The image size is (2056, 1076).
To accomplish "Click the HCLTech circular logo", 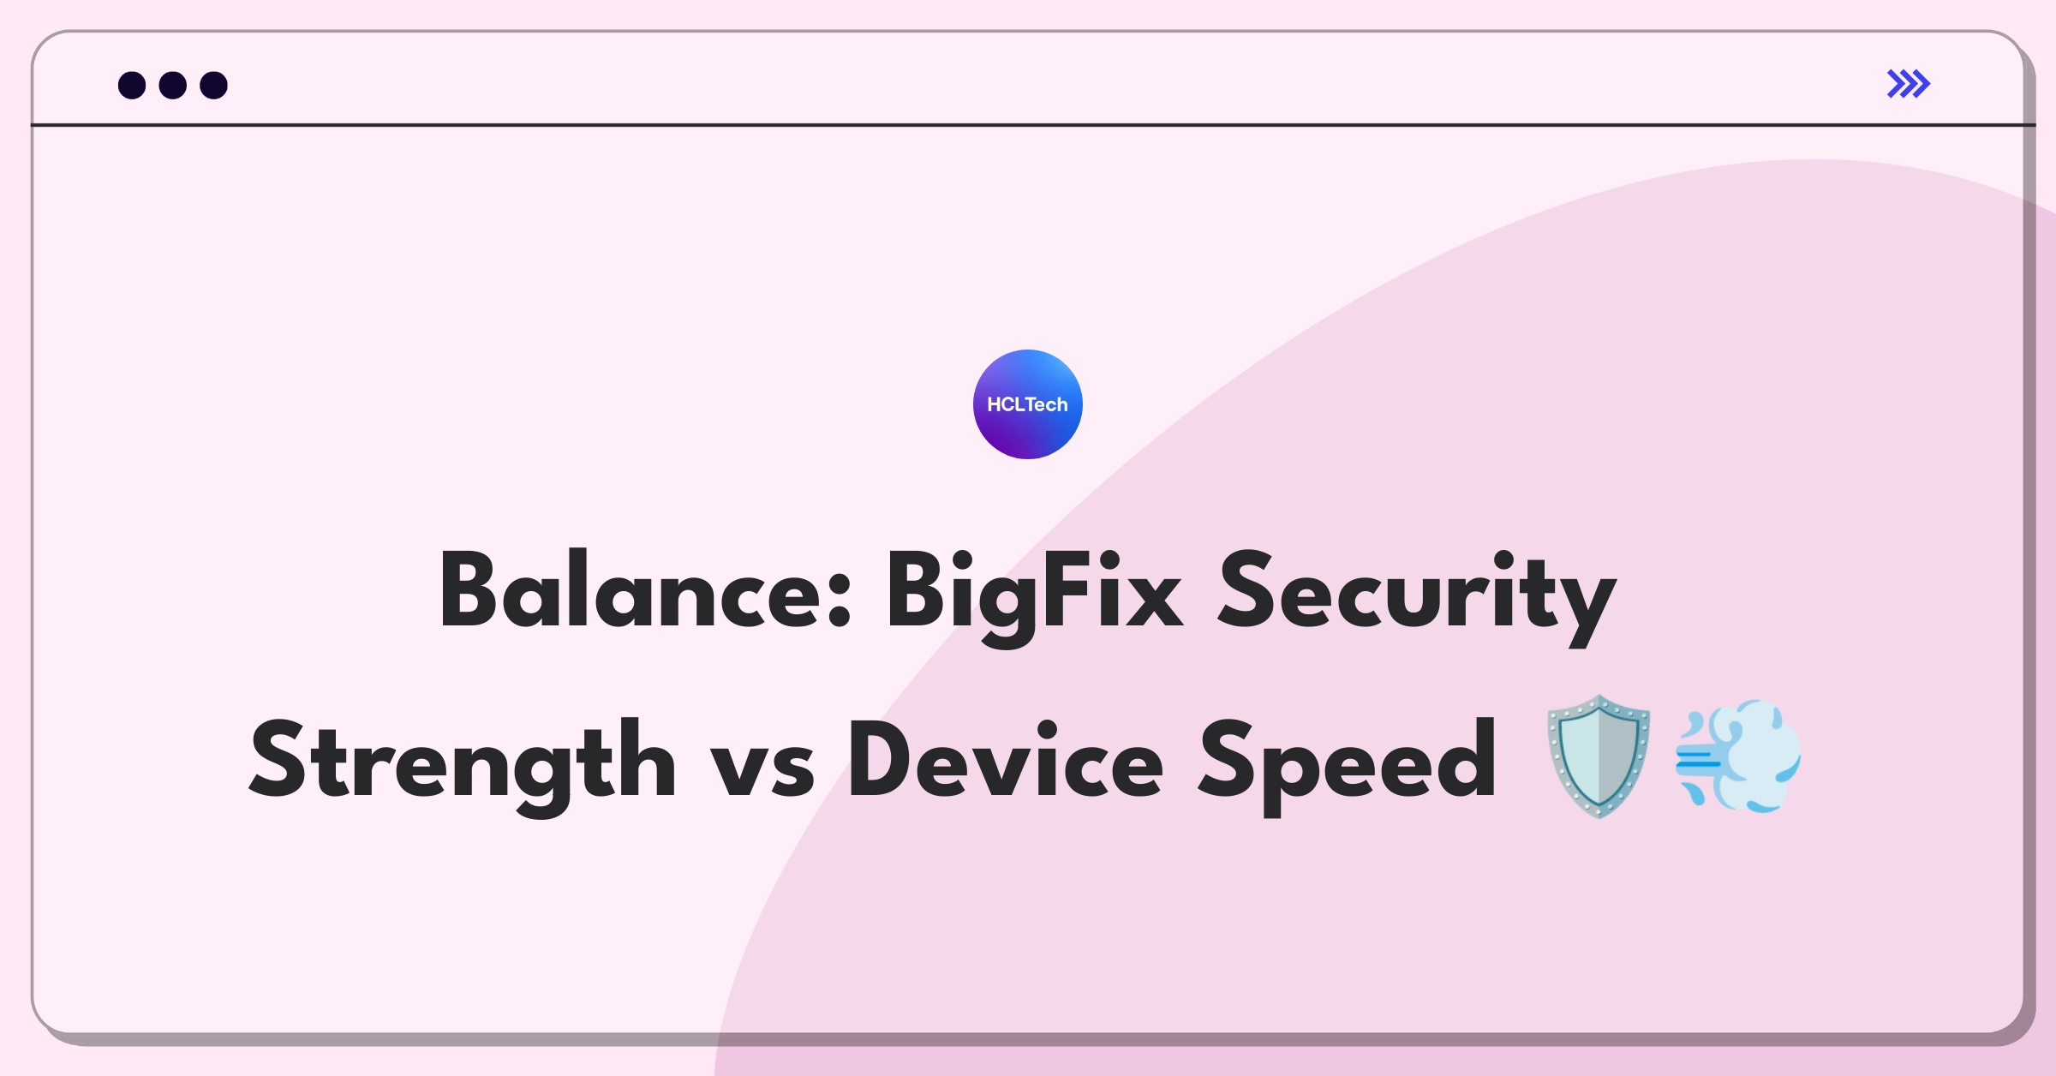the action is pyautogui.click(x=1027, y=404).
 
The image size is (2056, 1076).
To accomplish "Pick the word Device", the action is pyautogui.click(x=1006, y=759).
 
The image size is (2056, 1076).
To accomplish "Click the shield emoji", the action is pyautogui.click(x=1599, y=756).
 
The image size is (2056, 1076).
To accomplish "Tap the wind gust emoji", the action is pyautogui.click(x=1738, y=756).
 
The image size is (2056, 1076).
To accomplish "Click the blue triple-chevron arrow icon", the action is pyautogui.click(x=1909, y=84).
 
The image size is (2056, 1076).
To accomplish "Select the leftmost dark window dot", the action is pyautogui.click(x=132, y=85).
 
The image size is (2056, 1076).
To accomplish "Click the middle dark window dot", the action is pyautogui.click(x=173, y=85).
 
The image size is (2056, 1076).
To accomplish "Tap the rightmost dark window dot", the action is pyautogui.click(x=214, y=85).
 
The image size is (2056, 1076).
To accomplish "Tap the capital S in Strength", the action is pyautogui.click(x=278, y=759).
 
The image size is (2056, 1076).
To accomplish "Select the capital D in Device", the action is pyautogui.click(x=883, y=759).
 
